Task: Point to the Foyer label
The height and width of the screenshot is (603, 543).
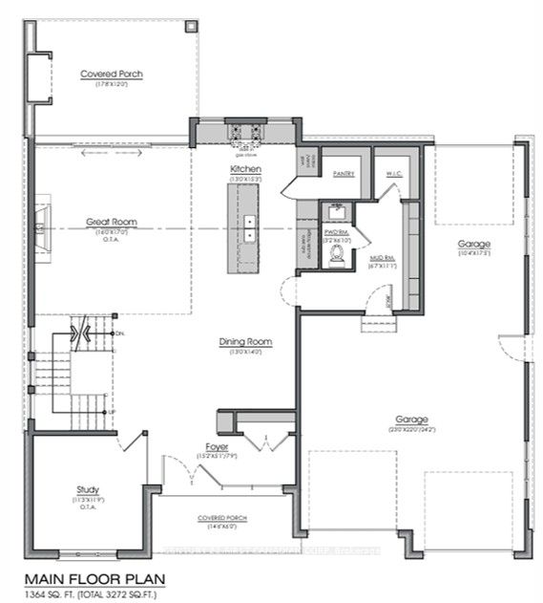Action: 216,446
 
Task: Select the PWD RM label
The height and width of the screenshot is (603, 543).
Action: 337,231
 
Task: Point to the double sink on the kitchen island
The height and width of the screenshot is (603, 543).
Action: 248,227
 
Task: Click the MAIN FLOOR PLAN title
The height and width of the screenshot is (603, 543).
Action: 93,578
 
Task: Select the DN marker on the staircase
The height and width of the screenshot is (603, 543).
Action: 118,333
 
